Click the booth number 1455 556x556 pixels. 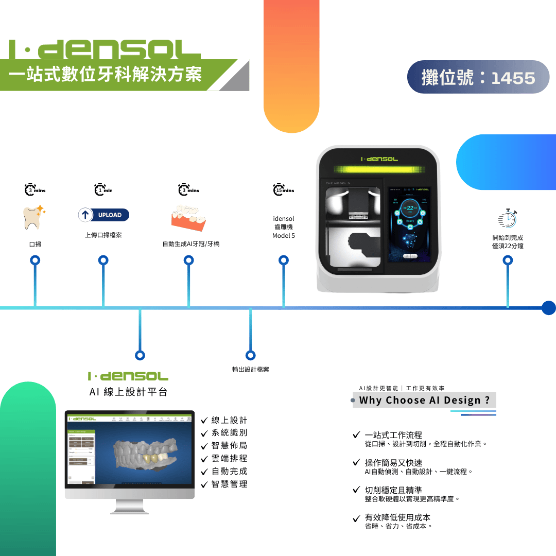click(513, 78)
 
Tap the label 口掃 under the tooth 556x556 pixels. click(35, 244)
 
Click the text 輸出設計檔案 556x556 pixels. click(251, 369)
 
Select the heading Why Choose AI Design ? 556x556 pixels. click(424, 400)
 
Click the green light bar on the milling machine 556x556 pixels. click(378, 169)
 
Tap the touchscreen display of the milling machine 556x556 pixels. click(409, 224)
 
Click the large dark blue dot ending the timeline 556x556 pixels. click(549, 308)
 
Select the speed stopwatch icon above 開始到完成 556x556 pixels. click(508, 218)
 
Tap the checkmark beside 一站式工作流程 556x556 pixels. click(356, 435)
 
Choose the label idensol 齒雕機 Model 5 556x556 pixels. click(283, 227)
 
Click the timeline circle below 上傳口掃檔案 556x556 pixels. click(103, 260)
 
